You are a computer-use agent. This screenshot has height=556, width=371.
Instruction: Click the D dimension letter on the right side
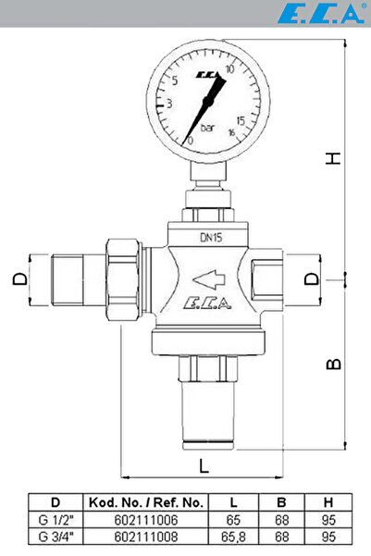(313, 278)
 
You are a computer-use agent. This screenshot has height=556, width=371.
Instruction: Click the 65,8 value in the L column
(234, 536)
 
